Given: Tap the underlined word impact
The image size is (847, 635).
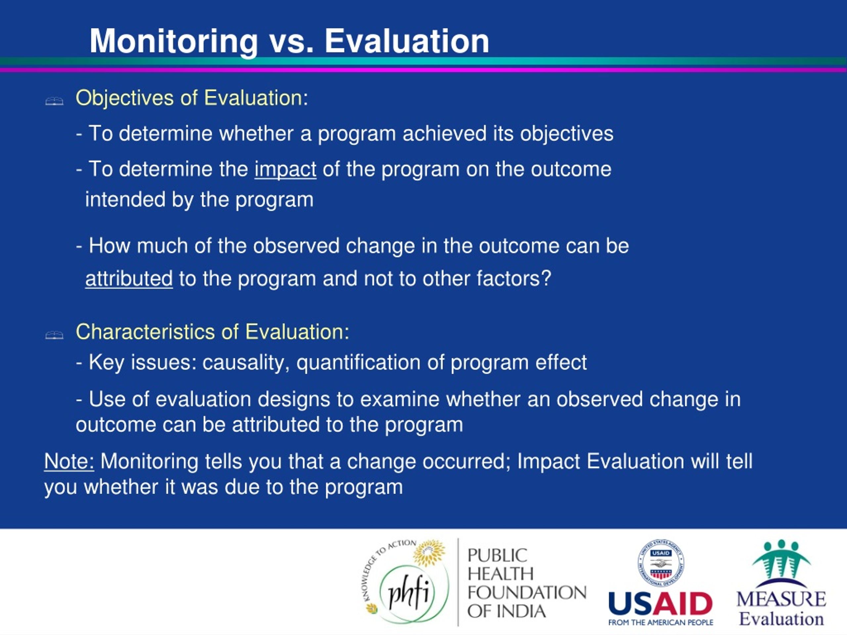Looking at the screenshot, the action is pyautogui.click(x=285, y=169).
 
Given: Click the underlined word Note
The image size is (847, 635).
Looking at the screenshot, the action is pyautogui.click(x=69, y=461).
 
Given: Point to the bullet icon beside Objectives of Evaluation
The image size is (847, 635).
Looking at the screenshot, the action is pyautogui.click(x=54, y=102).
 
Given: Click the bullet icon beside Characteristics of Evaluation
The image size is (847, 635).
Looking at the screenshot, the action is pyautogui.click(x=54, y=335).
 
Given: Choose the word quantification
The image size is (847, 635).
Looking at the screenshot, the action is pyautogui.click(x=358, y=363).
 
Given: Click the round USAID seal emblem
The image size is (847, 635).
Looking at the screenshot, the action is pyautogui.click(x=661, y=563).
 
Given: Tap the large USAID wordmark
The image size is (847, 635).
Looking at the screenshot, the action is pyautogui.click(x=660, y=604).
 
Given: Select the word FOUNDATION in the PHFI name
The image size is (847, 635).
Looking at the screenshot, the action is pyautogui.click(x=527, y=593).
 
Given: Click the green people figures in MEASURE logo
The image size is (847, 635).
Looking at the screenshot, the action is pyautogui.click(x=781, y=559).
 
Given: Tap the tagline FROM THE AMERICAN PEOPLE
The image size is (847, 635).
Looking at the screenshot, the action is pyautogui.click(x=660, y=623).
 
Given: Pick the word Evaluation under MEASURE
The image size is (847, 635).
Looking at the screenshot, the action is pyautogui.click(x=781, y=619).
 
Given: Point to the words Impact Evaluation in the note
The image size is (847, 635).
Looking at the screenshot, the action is pyautogui.click(x=601, y=461).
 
